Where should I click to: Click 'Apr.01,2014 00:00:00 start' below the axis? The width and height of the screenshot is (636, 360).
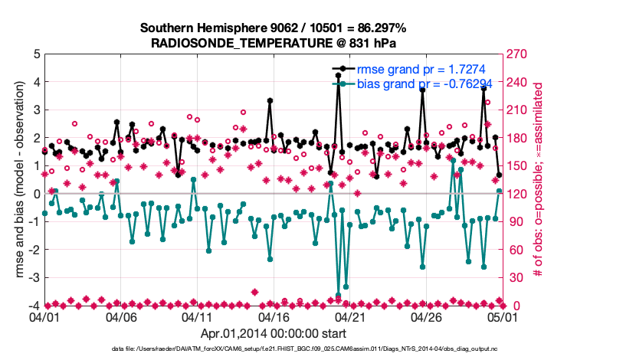[273, 333]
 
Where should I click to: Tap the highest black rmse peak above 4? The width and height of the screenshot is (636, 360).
[338, 75]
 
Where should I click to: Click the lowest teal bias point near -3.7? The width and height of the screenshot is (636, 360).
[338, 296]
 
